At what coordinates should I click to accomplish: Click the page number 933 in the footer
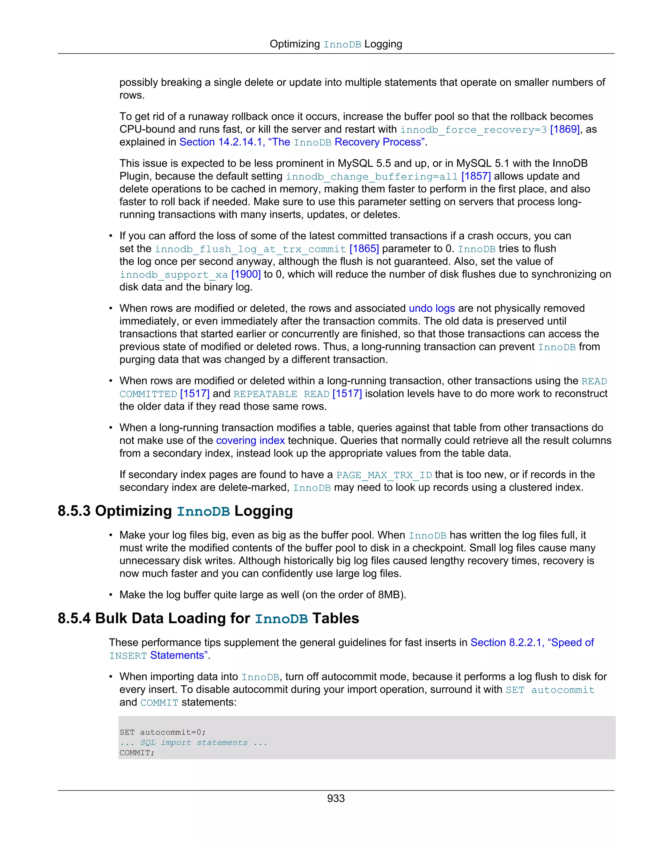[x=335, y=798]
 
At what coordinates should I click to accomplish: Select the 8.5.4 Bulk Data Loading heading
[x=208, y=618]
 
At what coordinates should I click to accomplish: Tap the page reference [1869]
[x=564, y=129]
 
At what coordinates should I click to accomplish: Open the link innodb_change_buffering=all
[x=372, y=177]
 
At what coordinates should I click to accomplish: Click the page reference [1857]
[x=476, y=176]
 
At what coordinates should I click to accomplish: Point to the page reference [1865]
[x=364, y=249]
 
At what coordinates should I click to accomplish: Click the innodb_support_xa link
[x=174, y=275]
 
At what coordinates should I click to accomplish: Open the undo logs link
[x=432, y=308]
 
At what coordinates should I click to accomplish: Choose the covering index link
[x=250, y=440]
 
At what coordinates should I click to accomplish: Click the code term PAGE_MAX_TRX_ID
[x=384, y=475]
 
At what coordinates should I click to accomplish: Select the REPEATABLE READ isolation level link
[x=281, y=394]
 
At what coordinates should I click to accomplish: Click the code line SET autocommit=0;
[x=163, y=732]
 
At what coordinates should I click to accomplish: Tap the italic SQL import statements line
[x=194, y=743]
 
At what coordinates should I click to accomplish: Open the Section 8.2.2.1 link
[x=532, y=643]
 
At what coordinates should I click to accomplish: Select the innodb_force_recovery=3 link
[x=473, y=130]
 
